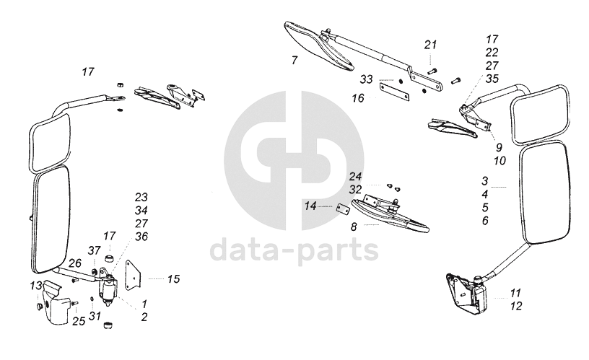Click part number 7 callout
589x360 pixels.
click(x=294, y=61)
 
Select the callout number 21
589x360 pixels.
click(x=431, y=45)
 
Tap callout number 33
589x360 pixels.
click(x=367, y=79)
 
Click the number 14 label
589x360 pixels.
click(x=310, y=206)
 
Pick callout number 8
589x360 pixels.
click(x=354, y=226)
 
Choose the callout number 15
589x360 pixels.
click(x=173, y=278)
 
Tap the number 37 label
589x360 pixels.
click(x=95, y=250)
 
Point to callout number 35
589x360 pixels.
click(x=492, y=79)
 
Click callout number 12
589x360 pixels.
click(x=515, y=306)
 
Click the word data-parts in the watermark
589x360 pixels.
click(x=294, y=250)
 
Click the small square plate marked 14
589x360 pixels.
click(x=344, y=209)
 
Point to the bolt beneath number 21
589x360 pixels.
click(x=431, y=70)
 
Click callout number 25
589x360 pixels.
click(x=78, y=320)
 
